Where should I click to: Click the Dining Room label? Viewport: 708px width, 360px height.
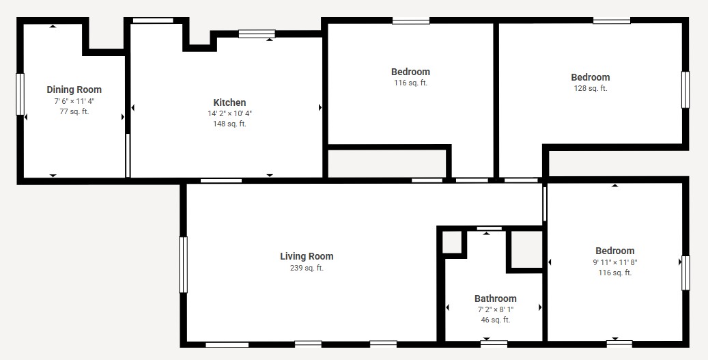click(x=74, y=89)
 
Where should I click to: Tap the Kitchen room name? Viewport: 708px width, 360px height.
click(x=229, y=102)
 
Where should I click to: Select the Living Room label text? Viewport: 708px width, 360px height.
click(x=307, y=257)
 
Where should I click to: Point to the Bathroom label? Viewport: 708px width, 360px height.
click(x=496, y=299)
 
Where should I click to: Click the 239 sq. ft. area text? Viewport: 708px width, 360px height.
click(x=307, y=268)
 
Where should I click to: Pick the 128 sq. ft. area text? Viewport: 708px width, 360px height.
click(x=590, y=89)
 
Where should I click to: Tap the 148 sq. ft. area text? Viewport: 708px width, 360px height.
click(x=229, y=124)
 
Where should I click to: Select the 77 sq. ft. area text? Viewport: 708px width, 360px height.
click(x=74, y=111)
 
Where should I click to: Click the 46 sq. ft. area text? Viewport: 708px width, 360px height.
click(x=496, y=320)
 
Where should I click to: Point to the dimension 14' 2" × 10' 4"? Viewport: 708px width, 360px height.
click(x=229, y=113)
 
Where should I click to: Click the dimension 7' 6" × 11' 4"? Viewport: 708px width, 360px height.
click(x=74, y=101)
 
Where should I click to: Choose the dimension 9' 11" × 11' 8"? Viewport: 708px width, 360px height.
click(x=614, y=262)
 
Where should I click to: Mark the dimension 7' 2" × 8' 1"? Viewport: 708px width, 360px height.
click(x=496, y=309)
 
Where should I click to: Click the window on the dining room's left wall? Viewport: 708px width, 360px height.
click(x=20, y=94)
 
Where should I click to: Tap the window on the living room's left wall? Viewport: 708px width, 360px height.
click(x=183, y=264)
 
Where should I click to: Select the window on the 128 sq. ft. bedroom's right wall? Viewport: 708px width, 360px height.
click(x=685, y=89)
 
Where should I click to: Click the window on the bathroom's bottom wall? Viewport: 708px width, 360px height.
click(x=494, y=344)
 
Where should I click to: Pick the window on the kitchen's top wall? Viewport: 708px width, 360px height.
click(x=257, y=34)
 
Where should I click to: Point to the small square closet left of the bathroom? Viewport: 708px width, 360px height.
click(x=451, y=242)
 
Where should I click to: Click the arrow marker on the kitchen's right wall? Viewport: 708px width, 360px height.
click(x=320, y=107)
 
